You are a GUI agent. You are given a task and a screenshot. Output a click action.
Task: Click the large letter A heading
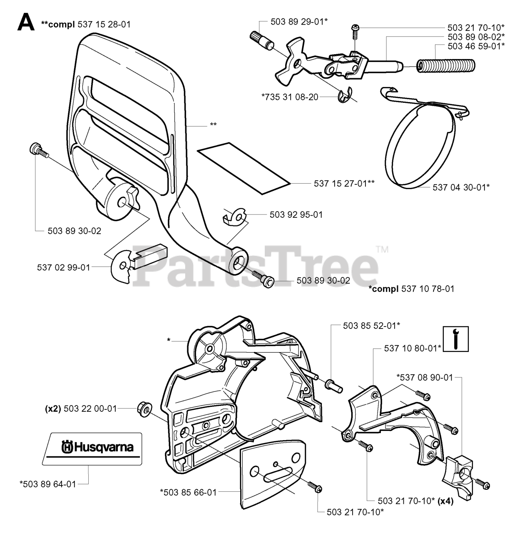(x=26, y=22)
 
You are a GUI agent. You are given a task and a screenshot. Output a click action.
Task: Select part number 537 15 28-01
(x=104, y=25)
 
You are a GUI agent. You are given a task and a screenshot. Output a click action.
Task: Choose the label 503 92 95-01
(x=296, y=215)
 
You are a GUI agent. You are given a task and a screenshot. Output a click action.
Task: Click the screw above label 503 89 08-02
(x=355, y=30)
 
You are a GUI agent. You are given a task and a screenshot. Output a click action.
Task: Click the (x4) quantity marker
(x=445, y=501)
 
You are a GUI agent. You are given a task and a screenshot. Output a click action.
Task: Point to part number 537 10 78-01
(x=428, y=289)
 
